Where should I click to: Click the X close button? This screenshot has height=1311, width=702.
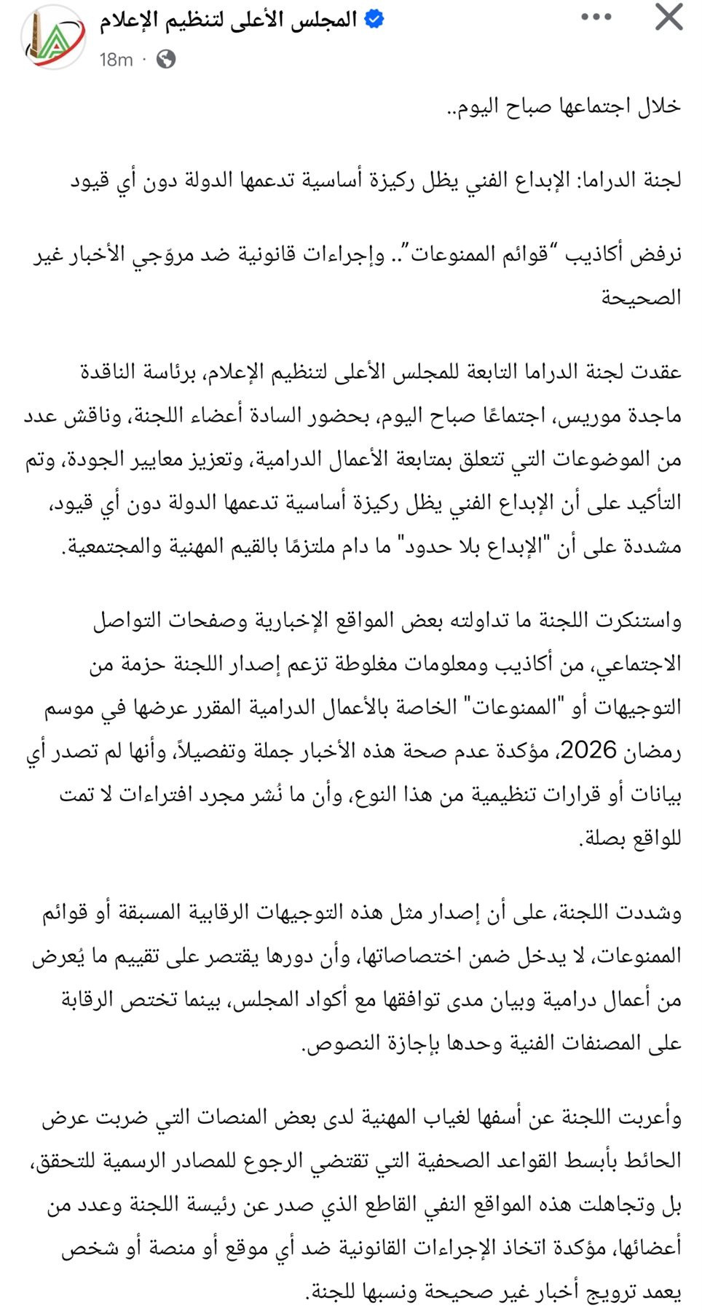[x=668, y=17]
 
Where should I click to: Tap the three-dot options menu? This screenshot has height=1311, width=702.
[x=596, y=17]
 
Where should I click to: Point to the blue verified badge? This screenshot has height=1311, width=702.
[x=374, y=20]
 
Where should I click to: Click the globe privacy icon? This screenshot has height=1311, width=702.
[x=166, y=59]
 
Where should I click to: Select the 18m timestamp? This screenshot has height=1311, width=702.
[x=117, y=60]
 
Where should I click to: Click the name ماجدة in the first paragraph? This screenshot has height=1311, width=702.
[x=652, y=416]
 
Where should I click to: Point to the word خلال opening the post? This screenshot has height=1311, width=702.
[x=659, y=106]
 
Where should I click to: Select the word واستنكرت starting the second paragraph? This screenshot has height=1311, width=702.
[x=638, y=621]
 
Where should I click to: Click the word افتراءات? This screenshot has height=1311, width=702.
[x=162, y=795]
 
